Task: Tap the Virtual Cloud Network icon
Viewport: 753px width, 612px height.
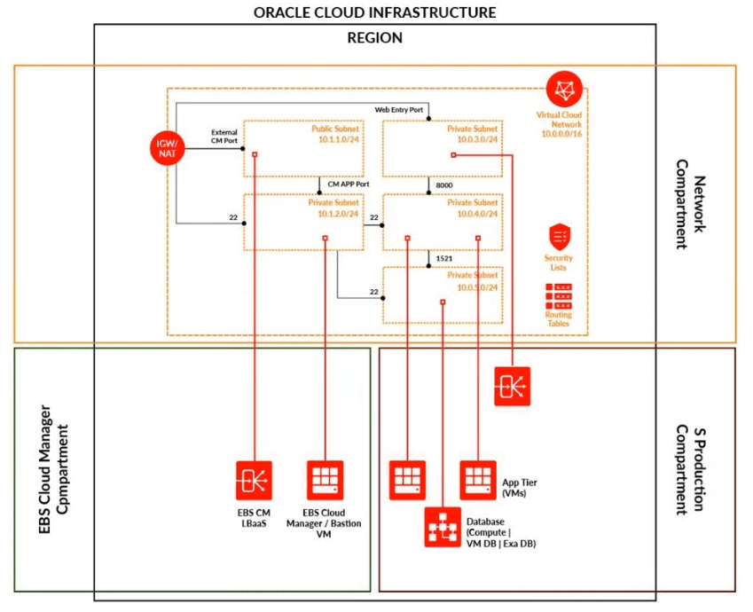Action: point(563,90)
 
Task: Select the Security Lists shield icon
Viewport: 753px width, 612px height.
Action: point(559,237)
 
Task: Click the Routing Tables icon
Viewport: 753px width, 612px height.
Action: point(559,295)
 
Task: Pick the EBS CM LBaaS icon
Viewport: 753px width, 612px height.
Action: point(253,481)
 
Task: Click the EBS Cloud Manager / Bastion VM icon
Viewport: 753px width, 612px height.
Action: point(324,481)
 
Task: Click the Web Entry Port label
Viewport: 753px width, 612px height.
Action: point(399,109)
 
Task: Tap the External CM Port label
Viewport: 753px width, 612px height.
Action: point(224,136)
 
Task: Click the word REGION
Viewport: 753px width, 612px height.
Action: point(374,38)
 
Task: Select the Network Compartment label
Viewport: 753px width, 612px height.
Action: point(692,204)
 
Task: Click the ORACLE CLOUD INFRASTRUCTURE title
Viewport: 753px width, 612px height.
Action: point(374,12)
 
